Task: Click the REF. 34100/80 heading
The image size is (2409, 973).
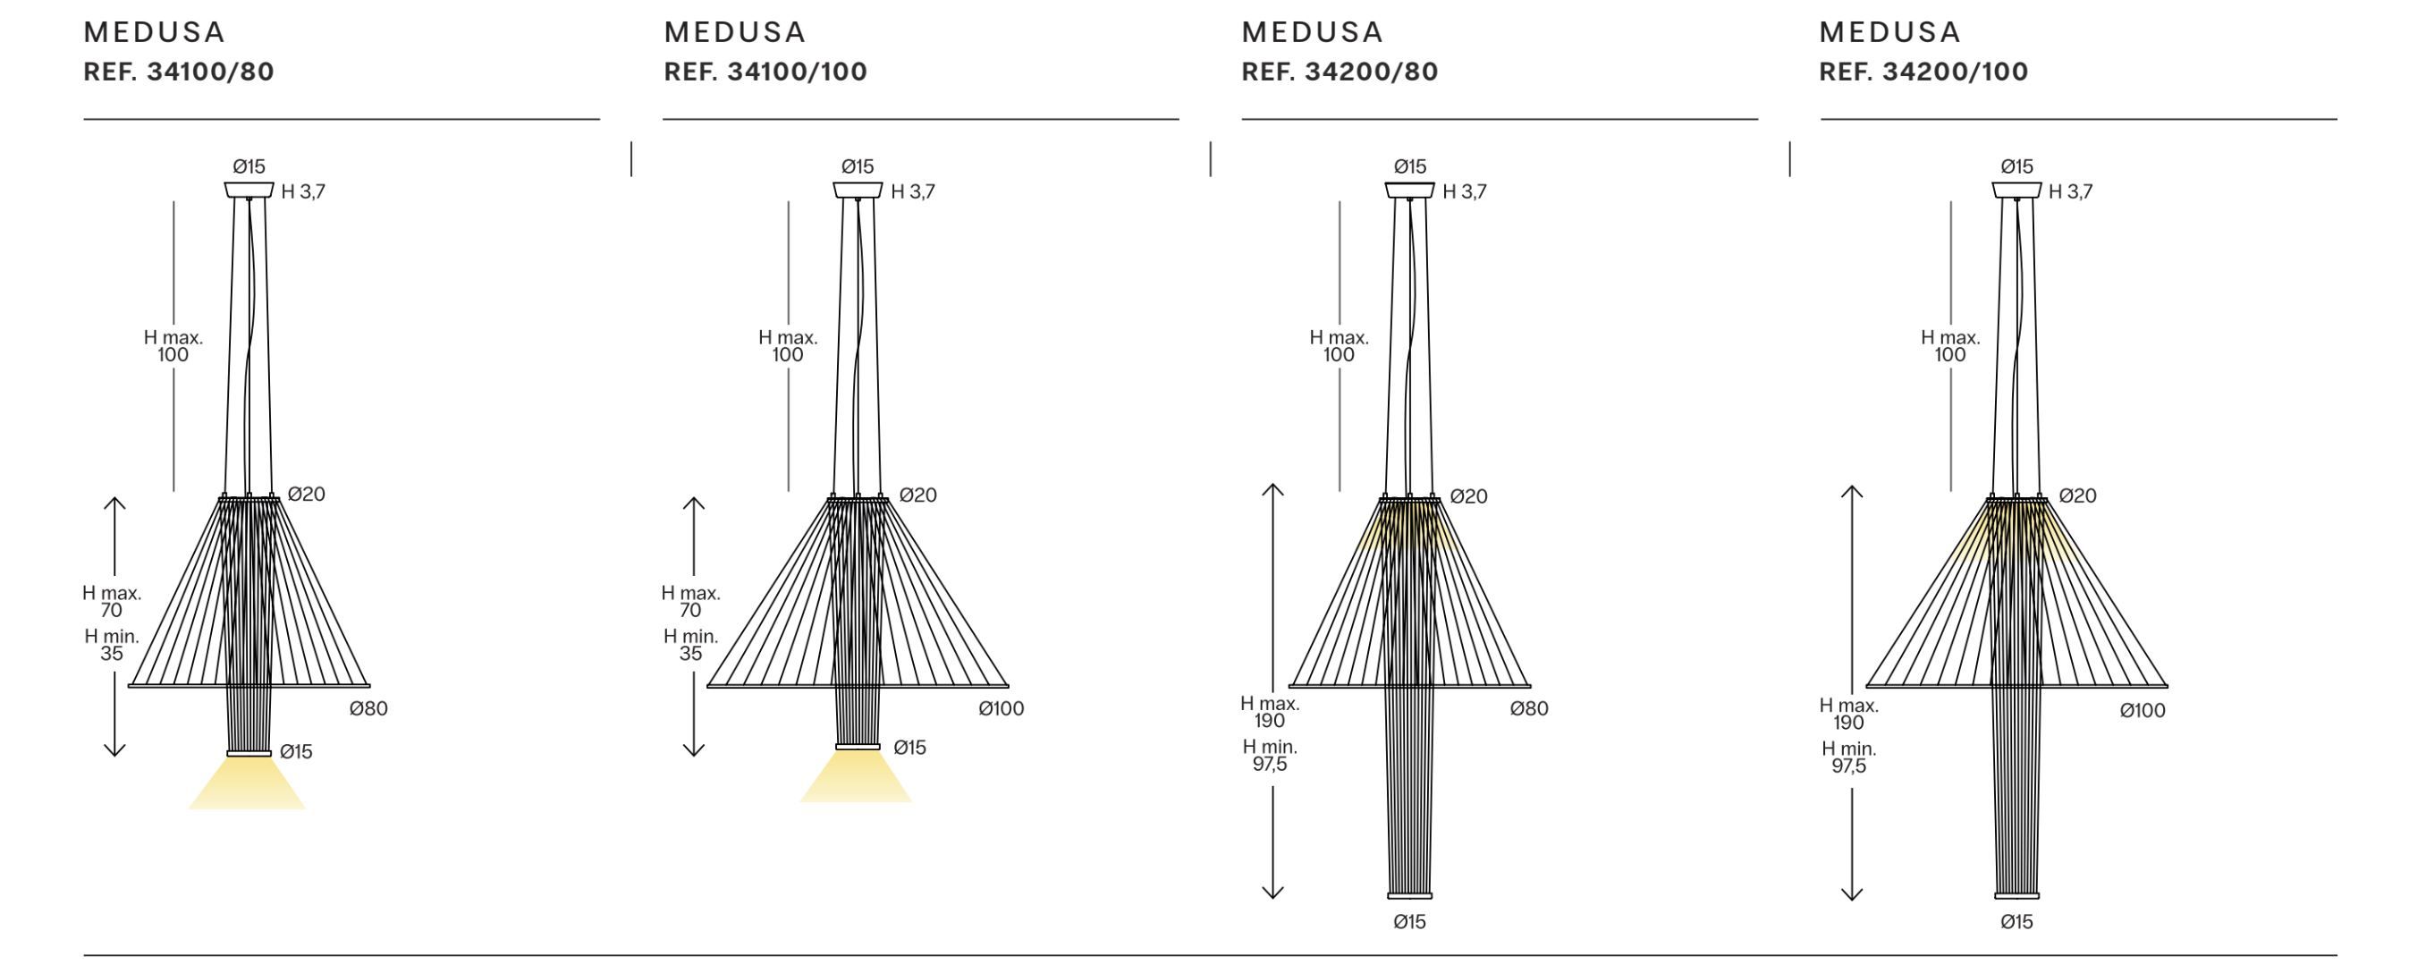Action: pyautogui.click(x=179, y=72)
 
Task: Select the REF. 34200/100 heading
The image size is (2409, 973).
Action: pyautogui.click(x=1923, y=72)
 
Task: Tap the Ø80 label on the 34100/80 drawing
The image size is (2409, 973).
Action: pyautogui.click(x=368, y=709)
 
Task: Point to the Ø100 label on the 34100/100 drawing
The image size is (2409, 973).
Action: pyautogui.click(x=1001, y=709)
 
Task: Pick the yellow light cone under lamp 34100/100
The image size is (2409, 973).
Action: pyautogui.click(x=856, y=782)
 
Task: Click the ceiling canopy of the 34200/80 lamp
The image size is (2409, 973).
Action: pyautogui.click(x=1409, y=190)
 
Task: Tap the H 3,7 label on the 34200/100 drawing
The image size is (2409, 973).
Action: pyautogui.click(x=2070, y=191)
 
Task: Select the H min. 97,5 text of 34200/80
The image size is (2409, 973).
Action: pyautogui.click(x=1270, y=756)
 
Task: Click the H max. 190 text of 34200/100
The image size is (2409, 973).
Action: pyautogui.click(x=1849, y=715)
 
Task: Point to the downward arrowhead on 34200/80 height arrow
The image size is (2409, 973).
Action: pyautogui.click(x=1272, y=893)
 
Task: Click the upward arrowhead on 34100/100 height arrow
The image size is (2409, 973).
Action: pyautogui.click(x=693, y=503)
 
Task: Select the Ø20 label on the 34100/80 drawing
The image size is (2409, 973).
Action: pyautogui.click(x=306, y=495)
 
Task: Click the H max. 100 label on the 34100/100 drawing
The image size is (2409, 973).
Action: pyautogui.click(x=788, y=346)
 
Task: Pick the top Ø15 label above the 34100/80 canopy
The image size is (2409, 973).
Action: pyautogui.click(x=249, y=166)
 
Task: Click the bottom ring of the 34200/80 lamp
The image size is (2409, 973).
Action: pyautogui.click(x=1409, y=895)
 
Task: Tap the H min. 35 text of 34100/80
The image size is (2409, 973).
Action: pyautogui.click(x=111, y=646)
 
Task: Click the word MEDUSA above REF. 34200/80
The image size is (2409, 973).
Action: pyautogui.click(x=1311, y=33)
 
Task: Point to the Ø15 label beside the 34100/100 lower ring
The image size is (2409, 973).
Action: pyautogui.click(x=909, y=748)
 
